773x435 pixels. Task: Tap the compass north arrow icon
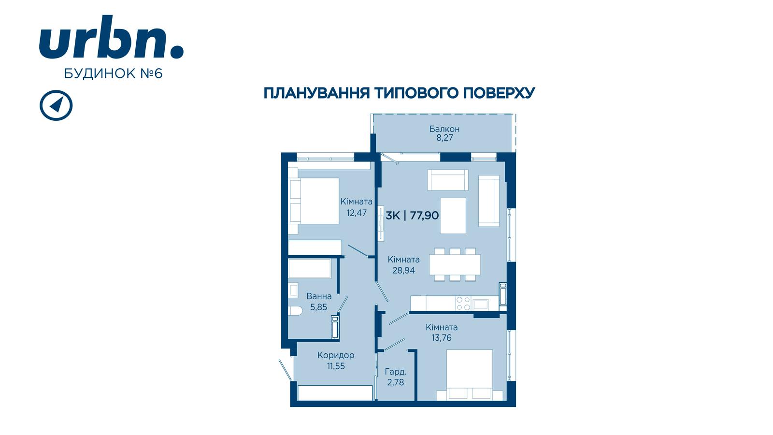coord(56,105)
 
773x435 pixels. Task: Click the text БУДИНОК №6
coord(113,73)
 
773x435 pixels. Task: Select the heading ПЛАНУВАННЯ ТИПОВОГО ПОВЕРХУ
coord(399,93)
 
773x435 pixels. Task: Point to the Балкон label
coord(444,129)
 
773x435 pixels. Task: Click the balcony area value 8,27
coord(444,138)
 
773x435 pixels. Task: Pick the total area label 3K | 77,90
coord(412,216)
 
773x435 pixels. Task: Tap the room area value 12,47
coord(357,213)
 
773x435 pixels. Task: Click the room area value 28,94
coord(403,270)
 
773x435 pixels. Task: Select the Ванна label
coord(319,296)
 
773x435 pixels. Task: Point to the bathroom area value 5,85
coord(318,307)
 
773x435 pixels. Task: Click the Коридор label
coord(336,355)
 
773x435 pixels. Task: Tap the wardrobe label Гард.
coord(396,372)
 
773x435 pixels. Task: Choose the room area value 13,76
coord(442,338)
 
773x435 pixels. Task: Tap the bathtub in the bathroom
coord(310,269)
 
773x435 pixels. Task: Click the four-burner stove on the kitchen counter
coord(463,304)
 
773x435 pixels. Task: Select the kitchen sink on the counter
coord(480,304)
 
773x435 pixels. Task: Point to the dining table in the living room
coord(455,265)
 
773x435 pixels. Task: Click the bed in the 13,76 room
coord(469,375)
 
